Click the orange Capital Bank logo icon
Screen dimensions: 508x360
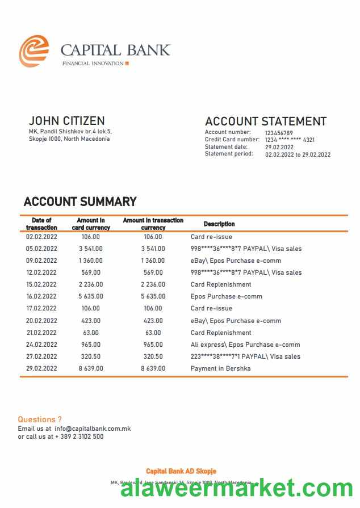point(34,51)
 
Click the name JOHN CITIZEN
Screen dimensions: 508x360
point(66,121)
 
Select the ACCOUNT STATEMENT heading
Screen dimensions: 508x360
point(265,121)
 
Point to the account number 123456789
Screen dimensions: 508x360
point(279,133)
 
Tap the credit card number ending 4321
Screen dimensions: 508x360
point(290,140)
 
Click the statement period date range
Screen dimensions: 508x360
point(298,154)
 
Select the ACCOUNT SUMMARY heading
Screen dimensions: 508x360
point(80,201)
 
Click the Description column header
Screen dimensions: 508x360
point(219,224)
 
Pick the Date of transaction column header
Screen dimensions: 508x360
point(41,224)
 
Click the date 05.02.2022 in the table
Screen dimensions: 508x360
point(41,249)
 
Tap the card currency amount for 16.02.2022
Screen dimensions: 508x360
point(91,296)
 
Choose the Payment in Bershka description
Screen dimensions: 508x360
point(220,368)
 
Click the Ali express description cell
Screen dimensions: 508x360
point(245,345)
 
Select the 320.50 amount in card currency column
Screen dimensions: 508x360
point(91,356)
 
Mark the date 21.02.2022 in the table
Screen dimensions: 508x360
point(41,333)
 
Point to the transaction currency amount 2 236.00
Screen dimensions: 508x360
point(153,284)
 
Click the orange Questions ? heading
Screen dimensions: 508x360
point(40,419)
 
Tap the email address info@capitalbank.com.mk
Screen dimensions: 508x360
point(93,429)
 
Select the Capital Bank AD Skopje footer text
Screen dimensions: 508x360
point(181,471)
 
